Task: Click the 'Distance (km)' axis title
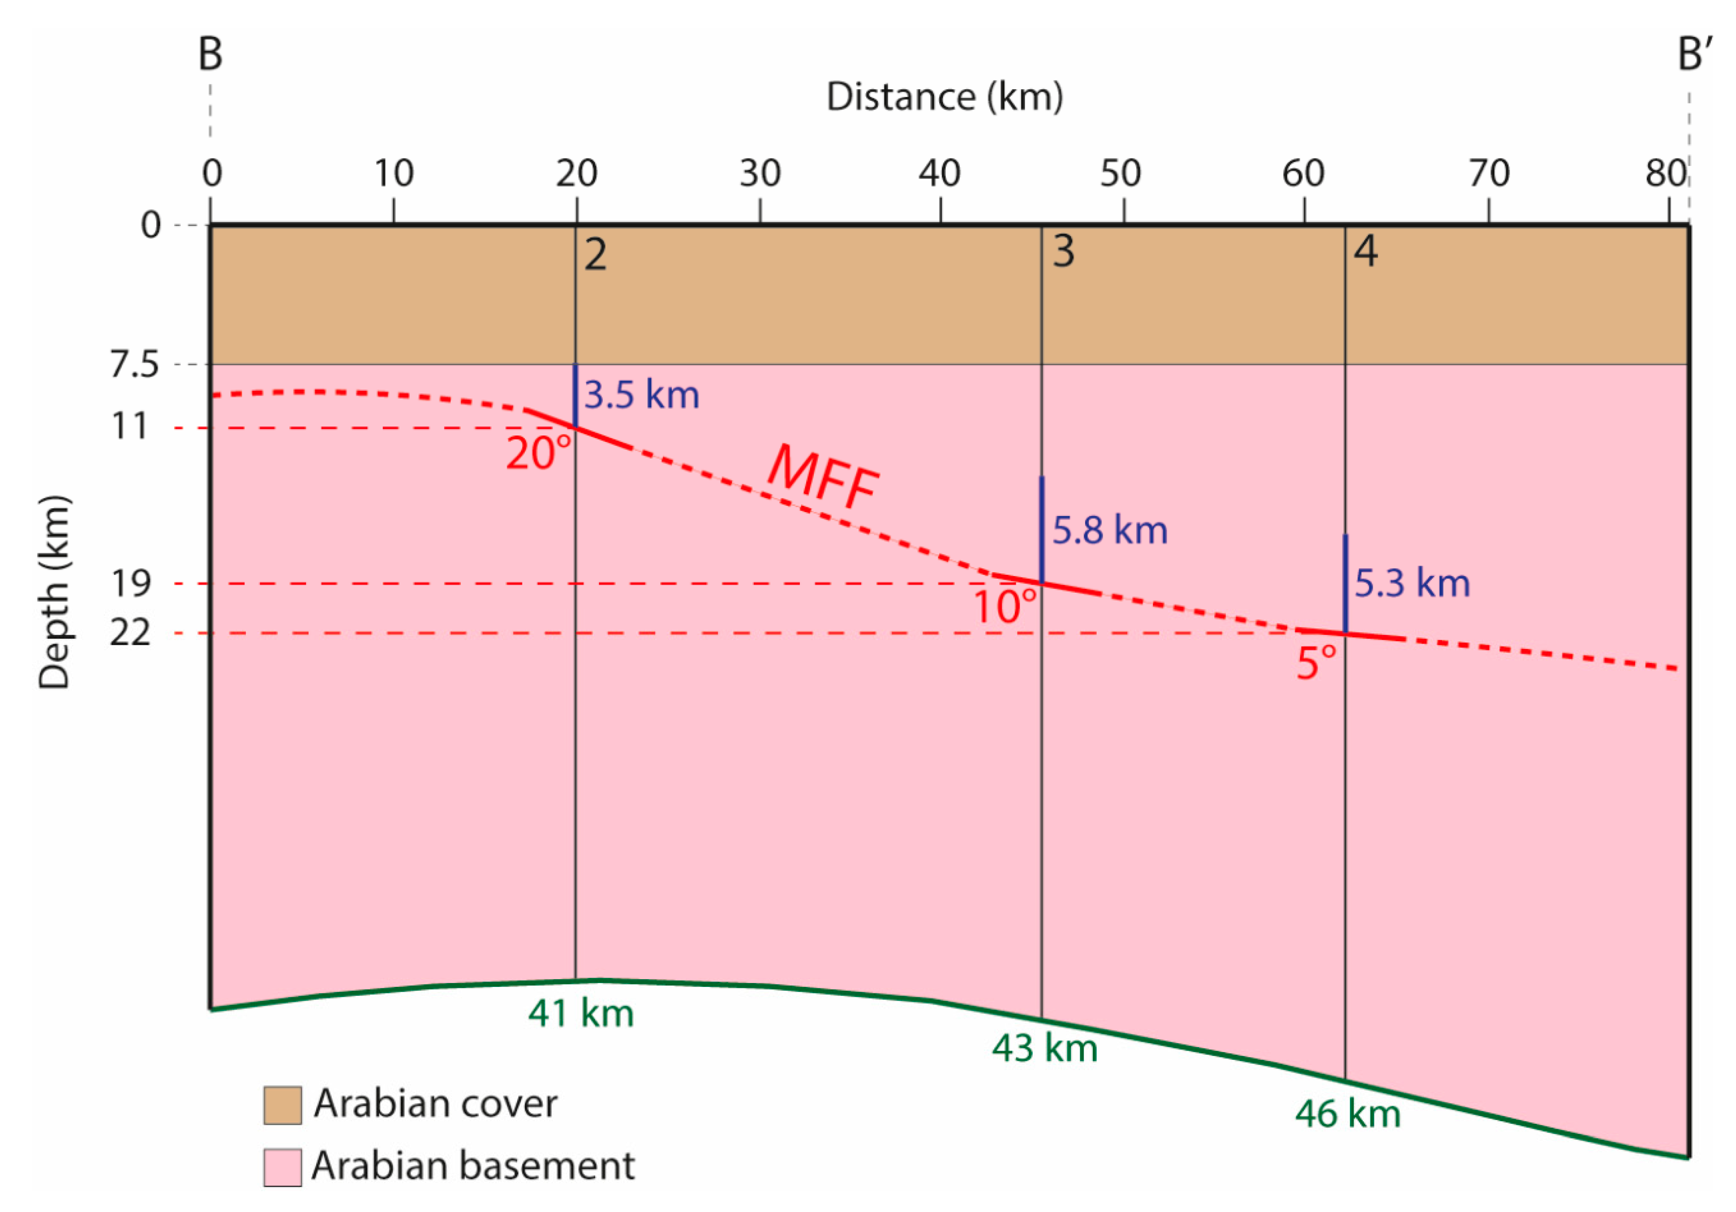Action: (944, 97)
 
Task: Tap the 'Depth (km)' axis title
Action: (54, 592)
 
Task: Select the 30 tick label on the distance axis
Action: (760, 174)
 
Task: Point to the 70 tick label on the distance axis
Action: (1489, 174)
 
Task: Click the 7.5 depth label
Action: (134, 365)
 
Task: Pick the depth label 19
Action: (131, 583)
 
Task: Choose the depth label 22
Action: (130, 632)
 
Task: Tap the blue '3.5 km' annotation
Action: (642, 395)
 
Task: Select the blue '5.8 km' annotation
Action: (1110, 530)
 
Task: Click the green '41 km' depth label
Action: (581, 1014)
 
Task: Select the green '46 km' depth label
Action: (1347, 1115)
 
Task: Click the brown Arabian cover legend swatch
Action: (283, 1105)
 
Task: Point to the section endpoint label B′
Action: (1695, 54)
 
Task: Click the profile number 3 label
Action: (1064, 251)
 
